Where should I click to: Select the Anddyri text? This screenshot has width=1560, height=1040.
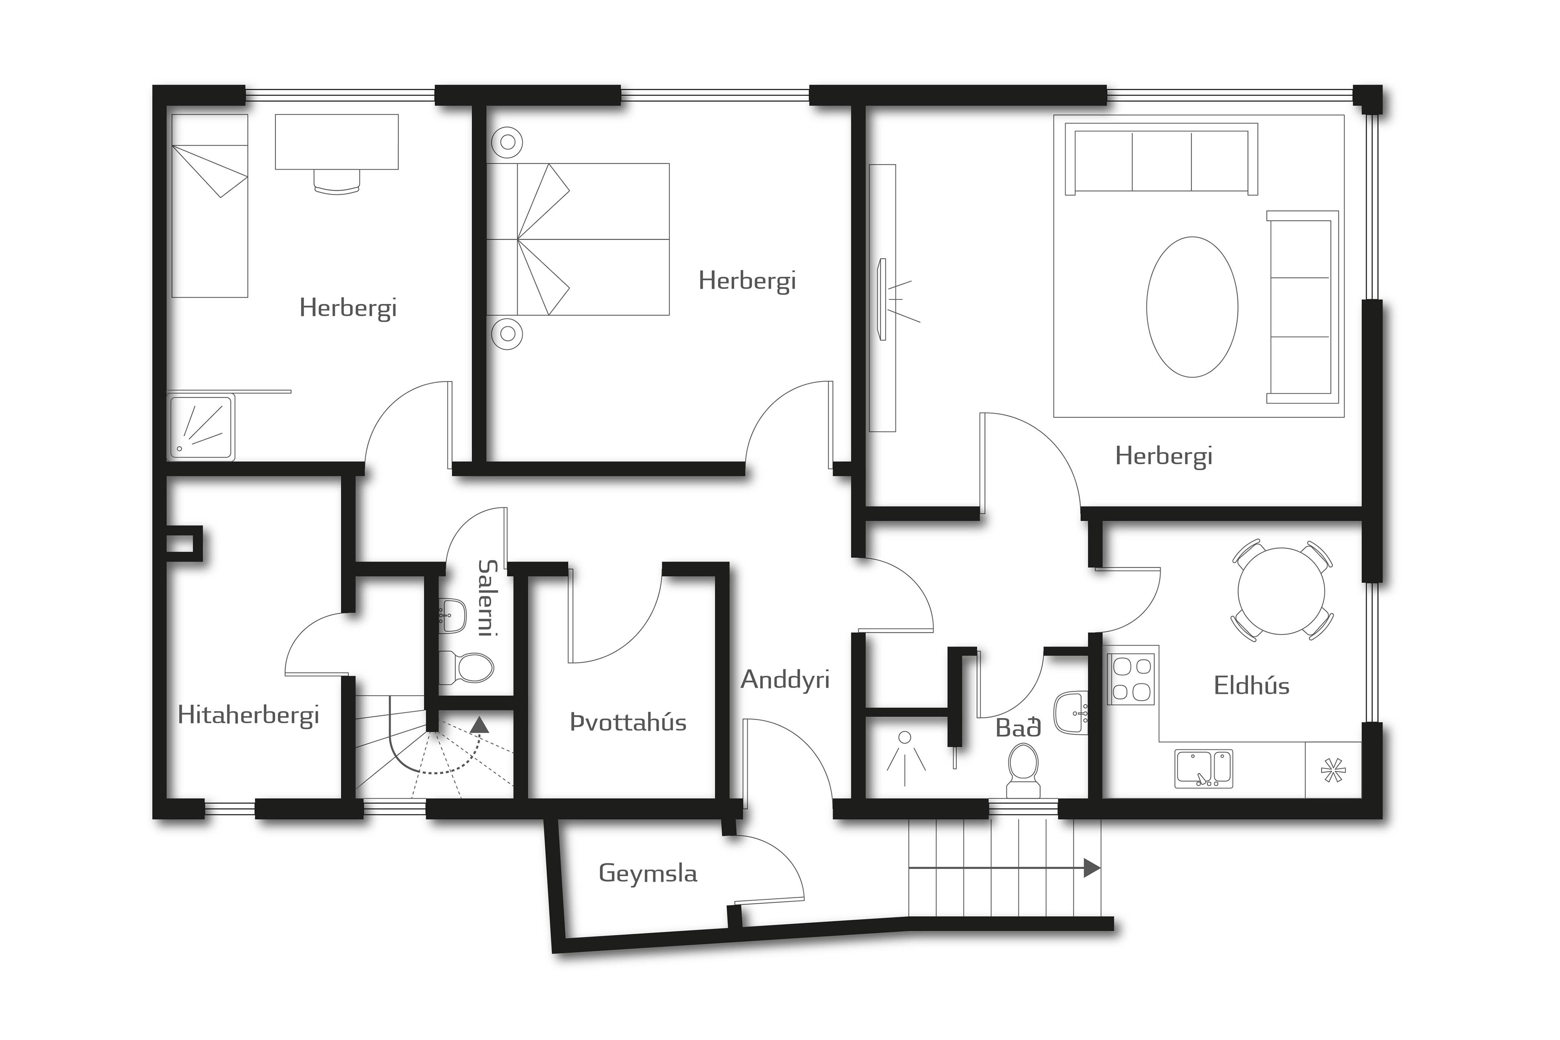[785, 680]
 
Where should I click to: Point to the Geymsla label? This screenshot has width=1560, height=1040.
[648, 874]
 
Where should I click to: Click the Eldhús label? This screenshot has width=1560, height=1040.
[1252, 686]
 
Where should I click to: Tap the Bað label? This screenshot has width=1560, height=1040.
[1018, 728]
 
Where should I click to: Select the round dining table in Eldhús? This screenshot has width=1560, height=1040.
[1281, 591]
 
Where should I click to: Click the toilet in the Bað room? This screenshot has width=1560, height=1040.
[1023, 769]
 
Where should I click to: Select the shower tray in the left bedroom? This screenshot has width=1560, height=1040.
[200, 428]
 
